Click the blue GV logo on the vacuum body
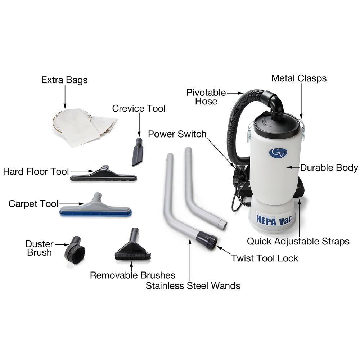(x=278, y=153)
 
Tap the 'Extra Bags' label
(x=64, y=80)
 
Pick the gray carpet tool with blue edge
(x=95, y=206)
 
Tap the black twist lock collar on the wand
(x=207, y=240)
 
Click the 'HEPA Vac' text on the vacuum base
(x=274, y=220)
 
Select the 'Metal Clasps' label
(x=299, y=78)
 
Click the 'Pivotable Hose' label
(x=206, y=96)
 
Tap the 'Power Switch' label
(x=177, y=134)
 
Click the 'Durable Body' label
(x=329, y=168)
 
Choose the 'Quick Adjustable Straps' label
(x=298, y=241)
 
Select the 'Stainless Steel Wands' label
(x=193, y=286)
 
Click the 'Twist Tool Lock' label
(x=265, y=258)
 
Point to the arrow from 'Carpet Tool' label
(x=72, y=204)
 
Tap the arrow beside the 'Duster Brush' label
(x=62, y=245)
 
